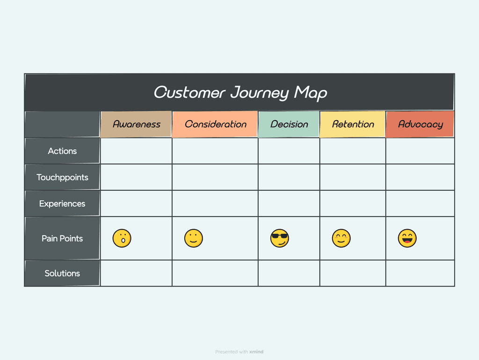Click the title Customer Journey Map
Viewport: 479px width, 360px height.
pyautogui.click(x=240, y=92)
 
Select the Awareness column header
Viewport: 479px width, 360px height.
pyautogui.click(x=137, y=124)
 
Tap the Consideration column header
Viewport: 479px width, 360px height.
pyautogui.click(x=215, y=124)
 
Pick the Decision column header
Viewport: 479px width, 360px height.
pyautogui.click(x=289, y=124)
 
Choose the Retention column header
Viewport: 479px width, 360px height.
pyautogui.click(x=353, y=124)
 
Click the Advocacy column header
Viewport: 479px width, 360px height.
pyautogui.click(x=420, y=124)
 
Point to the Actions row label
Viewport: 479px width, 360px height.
pyautogui.click(x=62, y=151)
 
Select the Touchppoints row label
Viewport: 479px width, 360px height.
pyautogui.click(x=62, y=177)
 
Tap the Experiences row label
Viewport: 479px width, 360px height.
pyautogui.click(x=62, y=203)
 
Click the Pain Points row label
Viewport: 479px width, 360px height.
pyautogui.click(x=62, y=238)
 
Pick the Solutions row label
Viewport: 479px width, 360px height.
pyautogui.click(x=62, y=273)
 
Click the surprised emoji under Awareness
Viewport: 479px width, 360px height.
pyautogui.click(x=122, y=238)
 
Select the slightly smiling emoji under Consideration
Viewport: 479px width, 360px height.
pyautogui.click(x=193, y=238)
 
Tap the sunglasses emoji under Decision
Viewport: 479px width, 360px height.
pyautogui.click(x=280, y=238)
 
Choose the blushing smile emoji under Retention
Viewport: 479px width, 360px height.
pyautogui.click(x=341, y=238)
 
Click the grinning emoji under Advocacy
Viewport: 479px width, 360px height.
pyautogui.click(x=407, y=238)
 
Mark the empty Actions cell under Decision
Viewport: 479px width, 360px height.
pyautogui.click(x=289, y=151)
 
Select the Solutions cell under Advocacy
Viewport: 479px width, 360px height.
pyautogui.click(x=420, y=273)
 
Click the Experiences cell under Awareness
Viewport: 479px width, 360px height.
pyautogui.click(x=137, y=203)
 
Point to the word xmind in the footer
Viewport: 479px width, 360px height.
pyautogui.click(x=256, y=352)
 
